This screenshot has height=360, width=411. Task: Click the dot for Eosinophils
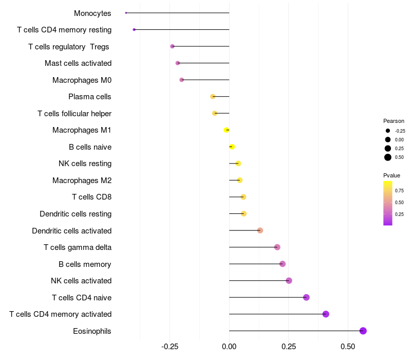[363, 331]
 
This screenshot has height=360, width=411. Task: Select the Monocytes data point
[126, 13]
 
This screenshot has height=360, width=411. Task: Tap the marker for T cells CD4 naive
[306, 297]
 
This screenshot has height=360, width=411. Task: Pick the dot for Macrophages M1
[227, 130]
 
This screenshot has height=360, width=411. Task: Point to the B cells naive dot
[232, 147]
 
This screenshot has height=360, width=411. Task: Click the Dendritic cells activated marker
[260, 230]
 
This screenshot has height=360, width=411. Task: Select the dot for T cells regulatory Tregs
[172, 46]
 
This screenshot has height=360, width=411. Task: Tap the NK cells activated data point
[289, 280]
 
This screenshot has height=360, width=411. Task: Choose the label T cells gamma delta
[78, 247]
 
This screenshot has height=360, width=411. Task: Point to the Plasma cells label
[90, 97]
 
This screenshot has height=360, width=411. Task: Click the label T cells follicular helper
[74, 113]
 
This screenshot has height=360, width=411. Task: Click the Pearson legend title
[394, 121]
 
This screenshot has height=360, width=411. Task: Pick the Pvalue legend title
[392, 175]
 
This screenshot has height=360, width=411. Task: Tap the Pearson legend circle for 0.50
[388, 157]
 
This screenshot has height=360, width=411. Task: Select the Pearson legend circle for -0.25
[388, 131]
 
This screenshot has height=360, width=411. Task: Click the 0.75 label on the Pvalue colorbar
[399, 190]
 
